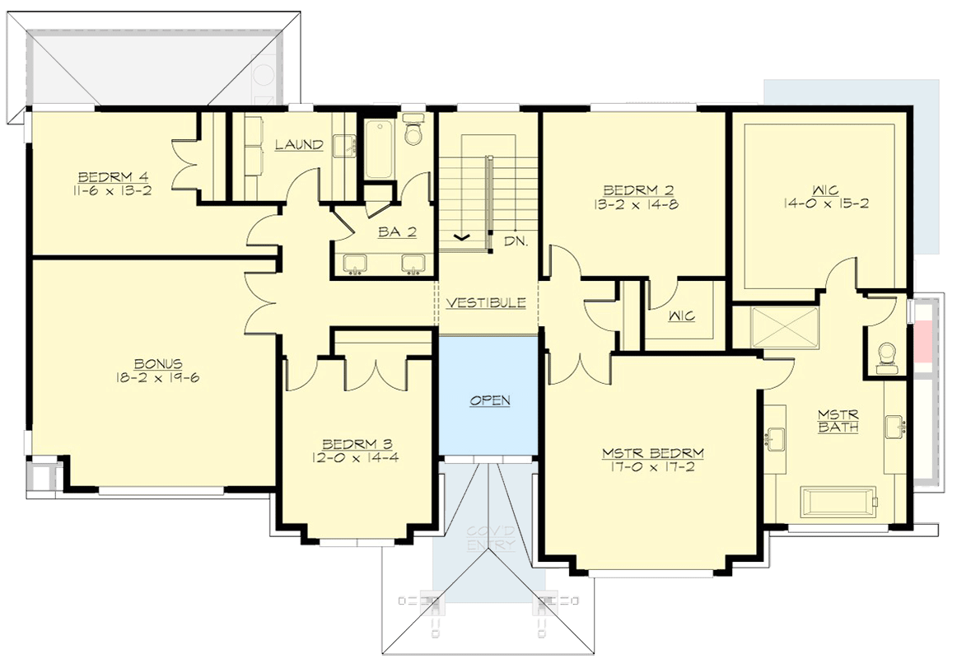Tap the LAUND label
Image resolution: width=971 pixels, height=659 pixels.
click(x=299, y=145)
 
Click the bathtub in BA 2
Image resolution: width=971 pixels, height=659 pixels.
click(x=380, y=149)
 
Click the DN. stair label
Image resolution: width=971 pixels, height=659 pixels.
click(x=516, y=241)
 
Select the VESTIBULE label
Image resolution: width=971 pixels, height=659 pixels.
click(x=486, y=303)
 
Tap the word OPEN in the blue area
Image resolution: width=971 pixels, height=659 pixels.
click(x=490, y=400)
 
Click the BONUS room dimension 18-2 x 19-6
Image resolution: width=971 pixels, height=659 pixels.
click(x=159, y=378)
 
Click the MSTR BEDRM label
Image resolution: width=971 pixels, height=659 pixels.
click(x=653, y=453)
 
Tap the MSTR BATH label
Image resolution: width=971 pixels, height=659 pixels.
click(x=838, y=420)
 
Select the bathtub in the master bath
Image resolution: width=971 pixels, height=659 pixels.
click(x=839, y=499)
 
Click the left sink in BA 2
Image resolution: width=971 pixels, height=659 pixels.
click(x=357, y=264)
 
